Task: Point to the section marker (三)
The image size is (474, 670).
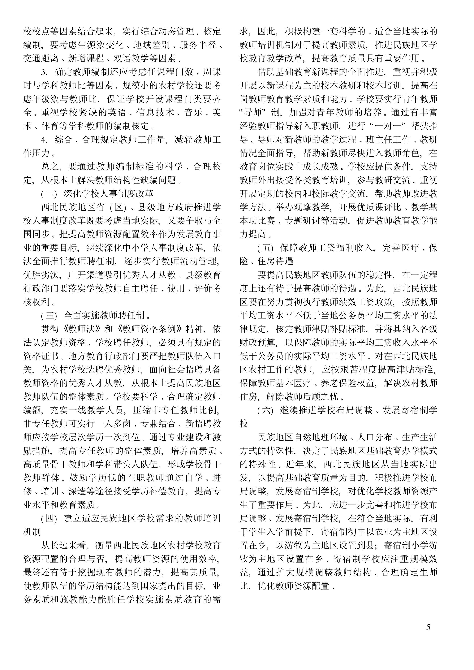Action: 49,316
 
